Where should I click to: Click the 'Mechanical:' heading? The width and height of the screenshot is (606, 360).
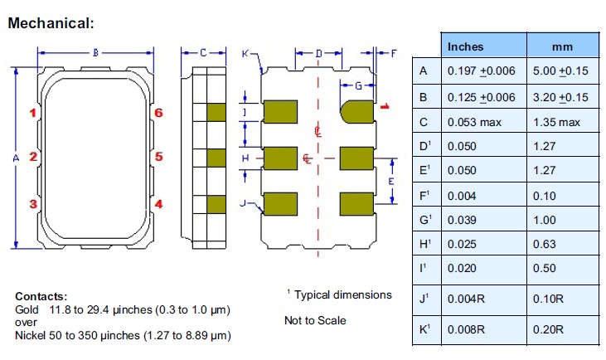click(x=51, y=23)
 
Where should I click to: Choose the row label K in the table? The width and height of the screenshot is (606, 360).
click(x=424, y=329)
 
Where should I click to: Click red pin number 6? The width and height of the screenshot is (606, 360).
click(x=158, y=112)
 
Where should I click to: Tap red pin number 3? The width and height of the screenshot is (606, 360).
click(x=32, y=203)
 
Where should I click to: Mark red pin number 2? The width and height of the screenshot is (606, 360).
click(x=32, y=156)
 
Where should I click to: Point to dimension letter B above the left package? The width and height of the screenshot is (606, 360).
click(x=95, y=52)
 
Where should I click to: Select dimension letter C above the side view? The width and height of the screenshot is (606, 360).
click(x=202, y=52)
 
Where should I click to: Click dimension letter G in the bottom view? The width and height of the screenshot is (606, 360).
click(x=358, y=85)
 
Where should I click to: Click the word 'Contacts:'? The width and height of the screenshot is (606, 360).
click(x=41, y=296)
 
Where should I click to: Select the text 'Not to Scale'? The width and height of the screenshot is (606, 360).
click(x=315, y=320)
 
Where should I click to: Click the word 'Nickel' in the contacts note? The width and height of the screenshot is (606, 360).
click(x=31, y=335)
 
